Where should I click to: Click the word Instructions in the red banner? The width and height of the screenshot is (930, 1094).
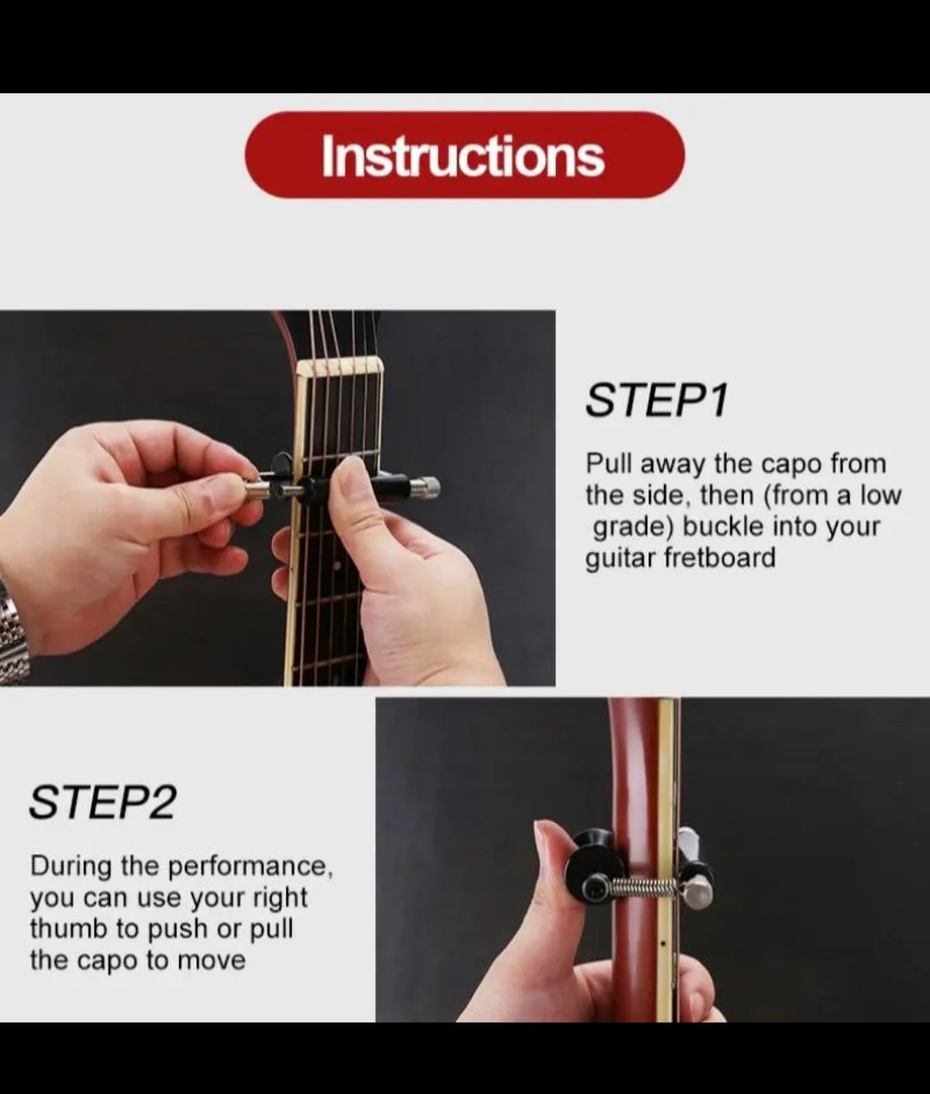point(463,156)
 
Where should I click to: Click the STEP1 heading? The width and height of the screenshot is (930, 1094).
point(657,400)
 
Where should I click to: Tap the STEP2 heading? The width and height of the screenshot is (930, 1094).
point(102,803)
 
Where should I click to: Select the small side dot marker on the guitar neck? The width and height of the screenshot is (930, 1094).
point(663,943)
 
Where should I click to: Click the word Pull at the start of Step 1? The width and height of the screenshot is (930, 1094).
point(609,464)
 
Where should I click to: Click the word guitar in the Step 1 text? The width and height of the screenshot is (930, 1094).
point(621,559)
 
